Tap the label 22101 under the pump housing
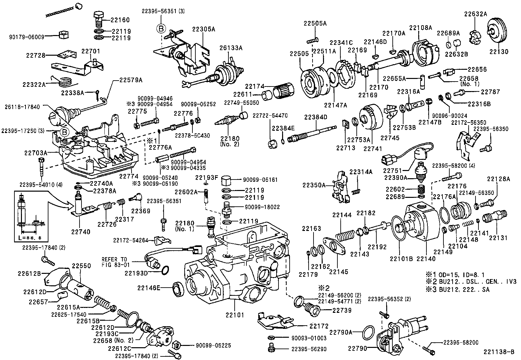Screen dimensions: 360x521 click(x=235, y=315)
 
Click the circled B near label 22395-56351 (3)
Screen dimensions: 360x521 click(x=161, y=28)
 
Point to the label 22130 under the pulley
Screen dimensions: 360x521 click(x=499, y=51)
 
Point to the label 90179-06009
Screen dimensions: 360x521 click(x=26, y=37)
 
